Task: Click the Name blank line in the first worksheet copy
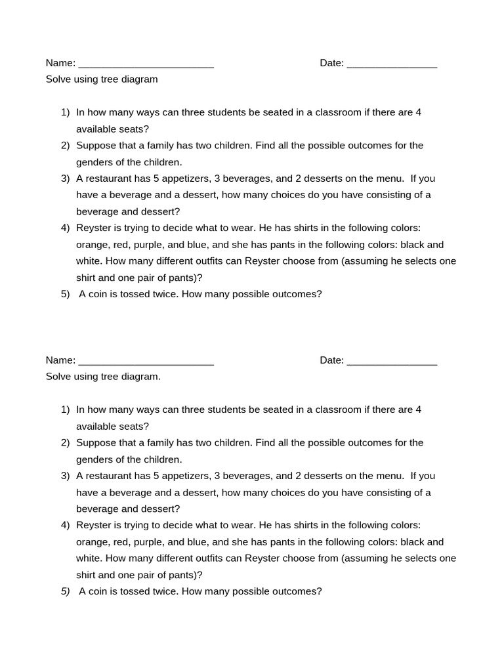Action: (x=146, y=64)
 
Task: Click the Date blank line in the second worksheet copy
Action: (x=392, y=361)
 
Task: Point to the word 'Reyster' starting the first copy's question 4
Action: (x=93, y=228)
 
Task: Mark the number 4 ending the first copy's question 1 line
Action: (x=419, y=112)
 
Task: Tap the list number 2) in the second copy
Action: (x=65, y=443)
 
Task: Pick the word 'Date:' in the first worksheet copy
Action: (x=331, y=64)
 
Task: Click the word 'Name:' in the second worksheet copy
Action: (x=60, y=360)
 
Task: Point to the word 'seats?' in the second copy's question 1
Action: (x=134, y=427)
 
